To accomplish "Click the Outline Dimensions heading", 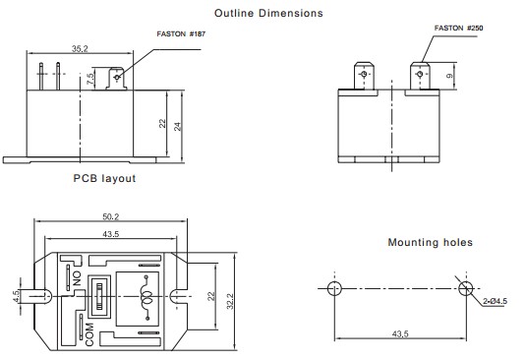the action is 268,13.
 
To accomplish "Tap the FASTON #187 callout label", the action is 181,33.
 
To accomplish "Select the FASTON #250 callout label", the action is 458,28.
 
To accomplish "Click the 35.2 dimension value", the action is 80,48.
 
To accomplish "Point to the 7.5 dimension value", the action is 90,79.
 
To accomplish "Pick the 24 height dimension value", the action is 177,126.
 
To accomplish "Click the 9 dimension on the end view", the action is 449,76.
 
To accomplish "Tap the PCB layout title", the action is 104,178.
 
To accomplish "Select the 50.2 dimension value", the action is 110,216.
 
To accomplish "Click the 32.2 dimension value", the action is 230,301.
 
